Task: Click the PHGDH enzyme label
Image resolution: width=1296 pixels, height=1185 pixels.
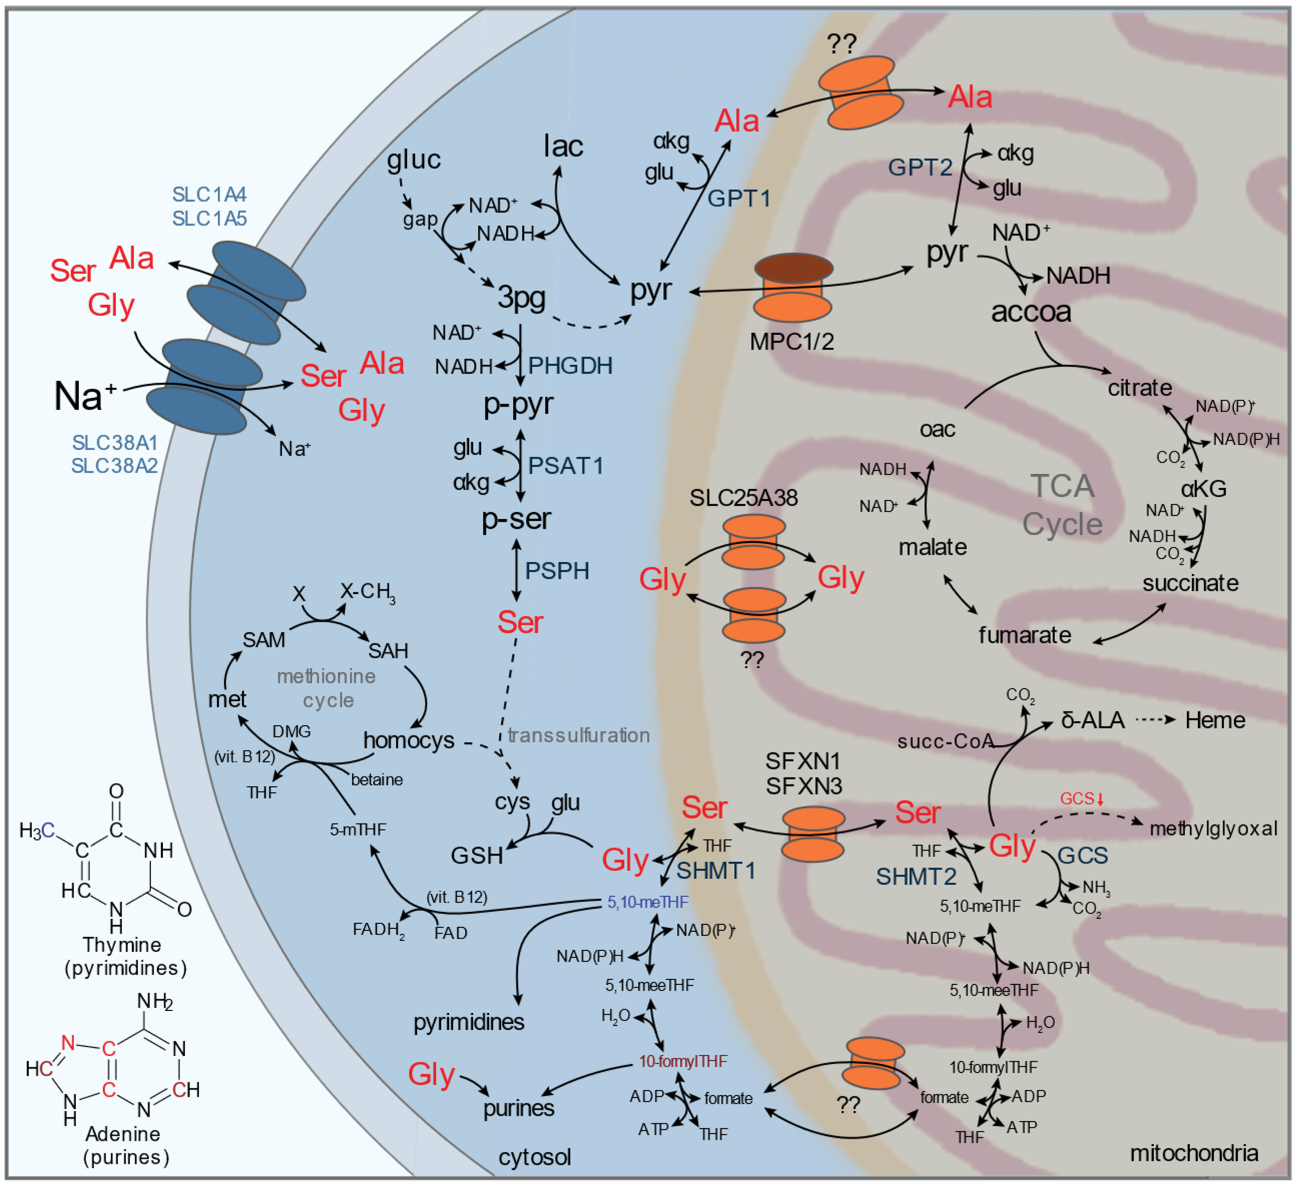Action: [x=569, y=366]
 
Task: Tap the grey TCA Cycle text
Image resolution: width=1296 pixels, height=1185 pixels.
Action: [x=1062, y=505]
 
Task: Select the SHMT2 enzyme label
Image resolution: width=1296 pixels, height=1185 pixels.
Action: [x=916, y=876]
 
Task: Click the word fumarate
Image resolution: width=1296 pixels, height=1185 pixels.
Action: [x=1025, y=635]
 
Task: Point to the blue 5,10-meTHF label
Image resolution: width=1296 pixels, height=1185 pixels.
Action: [x=647, y=903]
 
